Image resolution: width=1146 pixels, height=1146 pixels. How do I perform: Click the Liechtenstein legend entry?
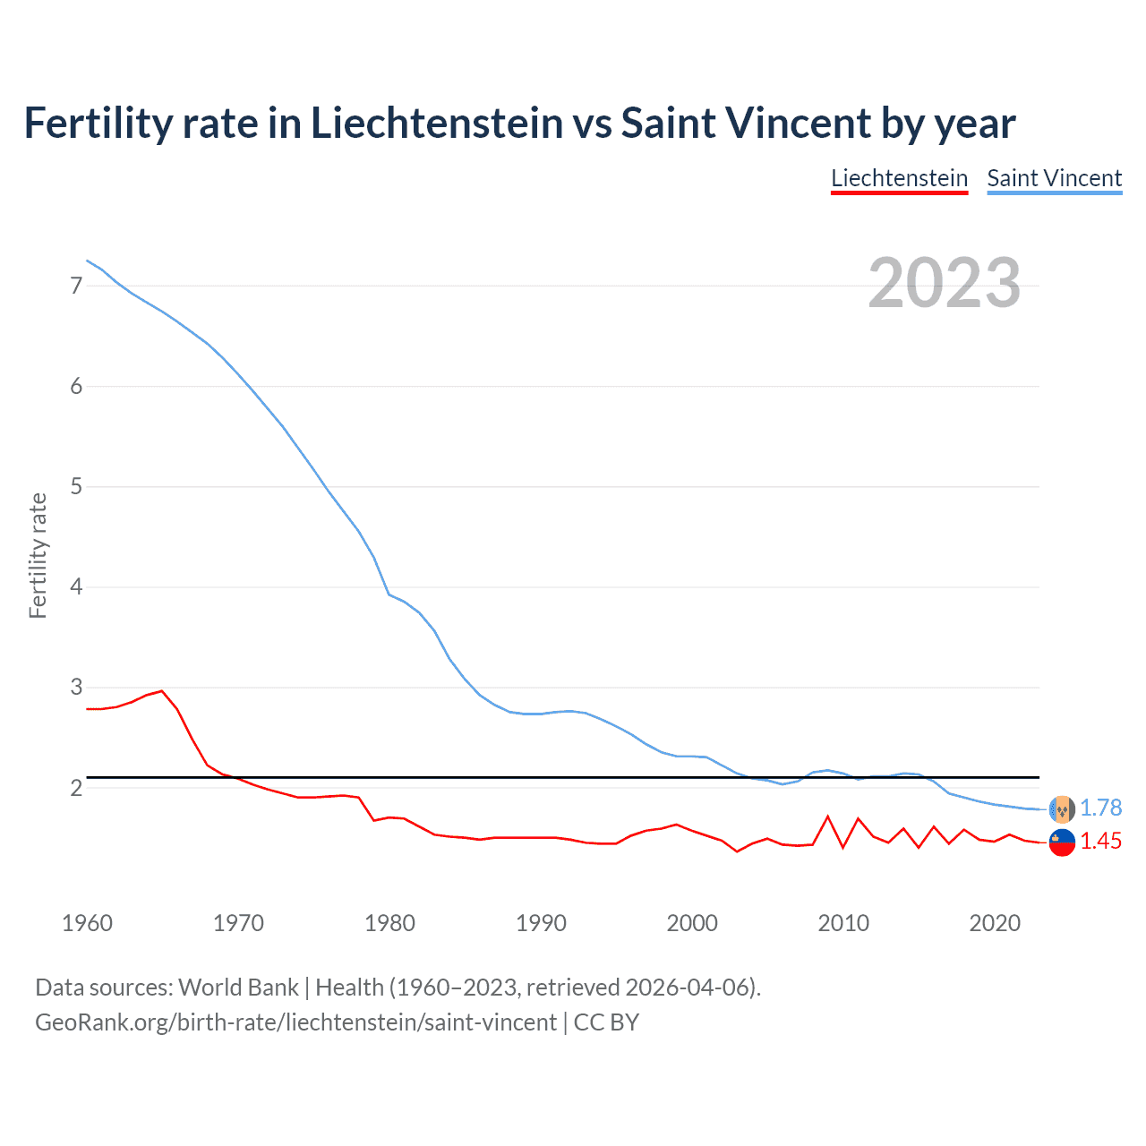click(899, 178)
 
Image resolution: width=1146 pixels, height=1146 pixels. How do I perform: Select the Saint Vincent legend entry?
click(1054, 178)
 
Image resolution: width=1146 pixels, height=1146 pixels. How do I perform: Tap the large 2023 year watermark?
click(944, 283)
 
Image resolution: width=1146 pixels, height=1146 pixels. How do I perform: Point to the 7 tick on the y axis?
click(76, 286)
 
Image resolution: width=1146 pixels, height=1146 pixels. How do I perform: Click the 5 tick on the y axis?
click(76, 486)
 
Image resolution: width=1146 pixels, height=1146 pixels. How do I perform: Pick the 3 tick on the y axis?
click(76, 687)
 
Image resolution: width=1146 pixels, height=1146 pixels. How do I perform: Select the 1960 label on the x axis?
click(87, 923)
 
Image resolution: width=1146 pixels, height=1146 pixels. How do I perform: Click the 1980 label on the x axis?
click(389, 923)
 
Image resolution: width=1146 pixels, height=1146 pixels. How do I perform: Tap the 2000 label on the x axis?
click(692, 923)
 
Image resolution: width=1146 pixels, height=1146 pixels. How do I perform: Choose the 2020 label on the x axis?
click(995, 923)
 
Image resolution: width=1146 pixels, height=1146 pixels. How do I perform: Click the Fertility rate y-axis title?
click(38, 555)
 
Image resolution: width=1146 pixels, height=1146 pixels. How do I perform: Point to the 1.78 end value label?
click(1100, 808)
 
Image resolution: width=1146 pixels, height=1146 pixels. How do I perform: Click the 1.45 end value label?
click(1100, 841)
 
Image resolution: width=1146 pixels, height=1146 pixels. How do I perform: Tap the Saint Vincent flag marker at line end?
click(1062, 809)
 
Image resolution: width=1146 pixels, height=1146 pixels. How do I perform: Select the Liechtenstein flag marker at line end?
click(1062, 842)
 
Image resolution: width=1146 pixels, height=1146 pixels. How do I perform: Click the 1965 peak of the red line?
click(162, 691)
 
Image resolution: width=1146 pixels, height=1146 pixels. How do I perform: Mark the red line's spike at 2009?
click(828, 817)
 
